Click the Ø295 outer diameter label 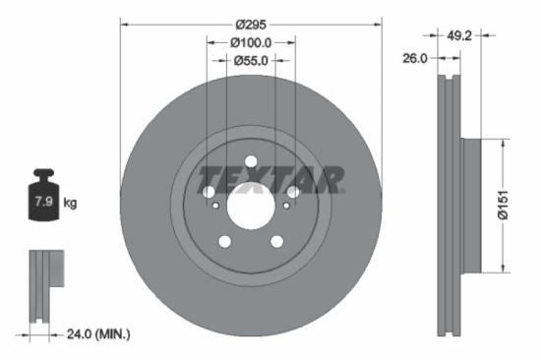click(251, 23)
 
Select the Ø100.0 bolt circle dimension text click(251, 42)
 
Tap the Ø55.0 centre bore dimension click(251, 61)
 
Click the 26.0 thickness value click(416, 59)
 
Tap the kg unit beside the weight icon click(70, 203)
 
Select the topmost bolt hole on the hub click(250, 161)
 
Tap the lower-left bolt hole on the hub click(224, 241)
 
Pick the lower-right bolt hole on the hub click(276, 241)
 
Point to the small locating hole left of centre click(216, 206)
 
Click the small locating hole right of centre click(286, 206)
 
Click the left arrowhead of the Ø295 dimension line click(124, 23)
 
